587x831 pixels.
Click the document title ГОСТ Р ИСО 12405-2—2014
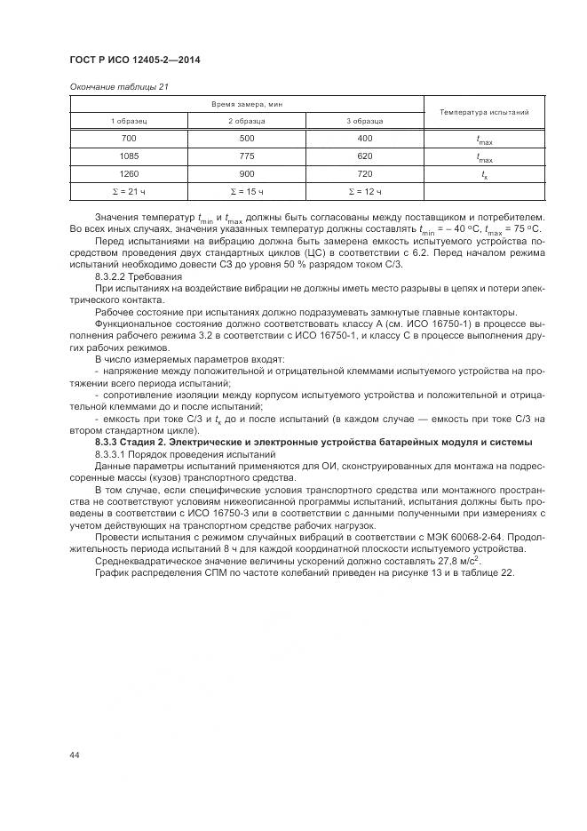pos(133,60)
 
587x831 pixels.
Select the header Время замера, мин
pos(246,105)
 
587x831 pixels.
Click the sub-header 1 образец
pos(128,121)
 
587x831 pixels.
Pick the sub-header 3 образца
pos(364,121)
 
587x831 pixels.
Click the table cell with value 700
pos(128,139)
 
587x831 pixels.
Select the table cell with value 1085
pos(128,156)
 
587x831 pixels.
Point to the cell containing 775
pos(246,156)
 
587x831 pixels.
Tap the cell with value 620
pos(364,156)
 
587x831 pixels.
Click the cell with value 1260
pos(128,174)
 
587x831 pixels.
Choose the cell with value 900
pos(246,174)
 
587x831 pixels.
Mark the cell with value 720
pos(364,174)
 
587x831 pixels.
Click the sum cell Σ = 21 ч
pos(128,192)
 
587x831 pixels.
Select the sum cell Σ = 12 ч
pos(364,192)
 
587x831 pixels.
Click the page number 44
pos(75,755)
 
